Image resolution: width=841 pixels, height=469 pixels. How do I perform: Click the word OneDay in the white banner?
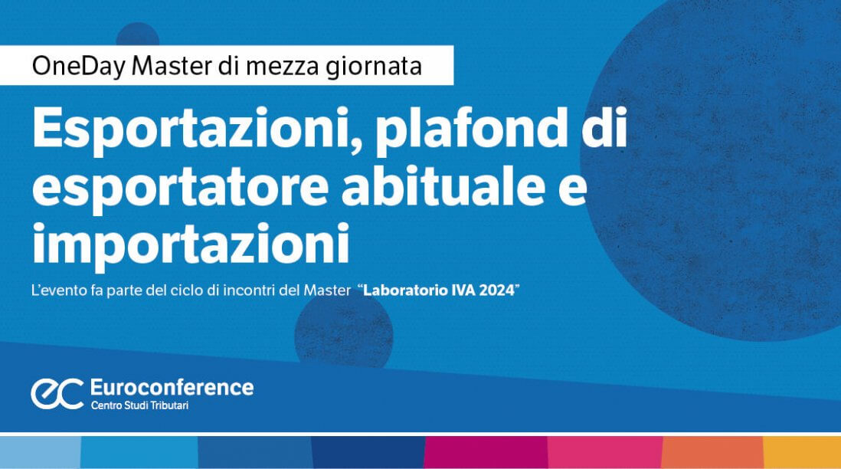point(79,66)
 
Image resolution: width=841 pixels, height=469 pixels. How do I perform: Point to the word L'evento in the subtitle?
point(59,290)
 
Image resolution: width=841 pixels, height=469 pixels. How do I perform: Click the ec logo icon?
point(57,394)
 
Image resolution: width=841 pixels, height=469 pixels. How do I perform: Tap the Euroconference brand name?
point(172,387)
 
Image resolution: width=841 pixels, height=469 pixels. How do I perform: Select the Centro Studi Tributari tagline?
point(139,405)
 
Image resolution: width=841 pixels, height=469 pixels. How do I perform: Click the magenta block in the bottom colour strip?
point(486,452)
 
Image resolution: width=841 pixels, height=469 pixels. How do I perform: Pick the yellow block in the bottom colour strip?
point(802,452)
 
